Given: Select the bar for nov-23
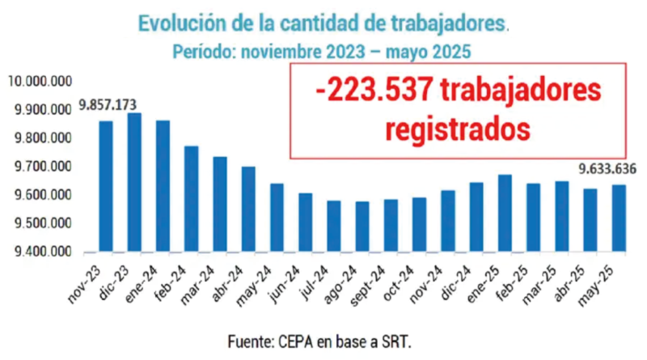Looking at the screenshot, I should pyautogui.click(x=106, y=187).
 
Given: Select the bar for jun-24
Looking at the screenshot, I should pyautogui.click(x=305, y=222).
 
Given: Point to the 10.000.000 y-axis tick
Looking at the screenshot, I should pyautogui.click(x=40, y=81).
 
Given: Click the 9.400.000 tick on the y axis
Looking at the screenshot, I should pyautogui.click(x=40, y=252).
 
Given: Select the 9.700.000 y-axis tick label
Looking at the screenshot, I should pyautogui.click(x=40, y=167).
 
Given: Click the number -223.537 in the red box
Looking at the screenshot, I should pyautogui.click(x=373, y=91).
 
